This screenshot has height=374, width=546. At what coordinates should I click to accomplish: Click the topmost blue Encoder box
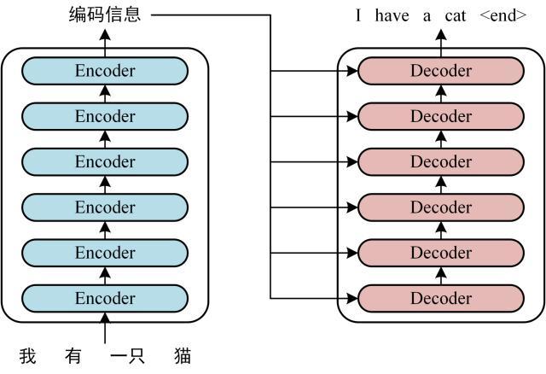[105, 71]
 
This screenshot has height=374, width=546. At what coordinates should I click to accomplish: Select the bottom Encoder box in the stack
[105, 298]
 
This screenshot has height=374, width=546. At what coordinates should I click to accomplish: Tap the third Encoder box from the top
[105, 161]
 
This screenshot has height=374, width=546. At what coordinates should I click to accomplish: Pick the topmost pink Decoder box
[440, 71]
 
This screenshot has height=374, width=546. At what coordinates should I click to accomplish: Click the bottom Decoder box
[440, 298]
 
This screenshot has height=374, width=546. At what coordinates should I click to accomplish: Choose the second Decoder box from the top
[440, 116]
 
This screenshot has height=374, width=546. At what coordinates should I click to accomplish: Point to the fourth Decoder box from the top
[440, 207]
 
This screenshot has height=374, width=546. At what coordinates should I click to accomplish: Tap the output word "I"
[359, 15]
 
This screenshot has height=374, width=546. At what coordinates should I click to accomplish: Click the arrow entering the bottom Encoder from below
[105, 329]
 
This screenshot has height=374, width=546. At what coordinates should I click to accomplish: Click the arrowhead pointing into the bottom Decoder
[351, 298]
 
